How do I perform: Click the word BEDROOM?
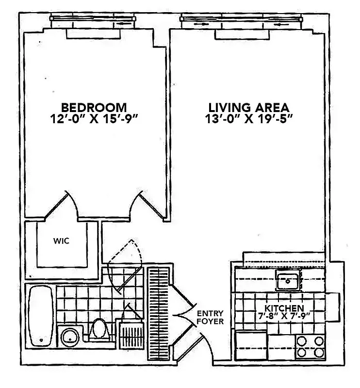coord(94,107)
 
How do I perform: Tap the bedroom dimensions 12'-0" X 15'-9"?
coord(94,119)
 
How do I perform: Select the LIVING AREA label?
coord(249,107)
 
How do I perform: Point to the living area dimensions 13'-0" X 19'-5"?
coord(249,119)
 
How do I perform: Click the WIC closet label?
coord(61,241)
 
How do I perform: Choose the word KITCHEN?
coord(284,308)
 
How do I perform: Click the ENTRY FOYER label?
coord(210,317)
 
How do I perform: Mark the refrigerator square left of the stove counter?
coord(251,345)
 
